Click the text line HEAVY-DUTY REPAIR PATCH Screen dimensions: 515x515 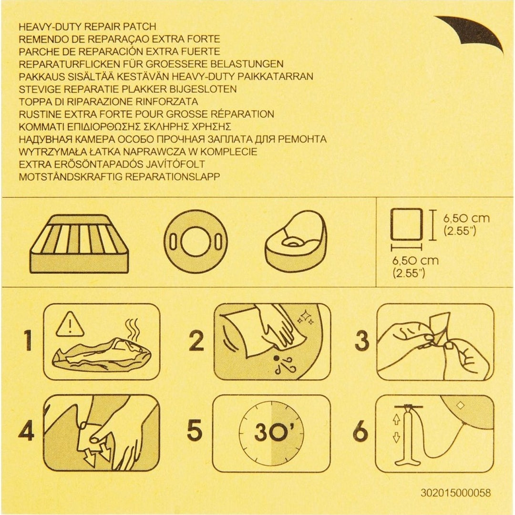87,27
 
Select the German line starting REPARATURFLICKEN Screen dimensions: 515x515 151,64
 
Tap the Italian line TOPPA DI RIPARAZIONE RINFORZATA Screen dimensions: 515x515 108,102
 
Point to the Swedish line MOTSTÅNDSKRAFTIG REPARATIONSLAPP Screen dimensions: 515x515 119,177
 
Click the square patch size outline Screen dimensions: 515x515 407,224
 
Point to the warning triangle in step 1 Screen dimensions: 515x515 70,325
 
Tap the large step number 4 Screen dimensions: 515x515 26,431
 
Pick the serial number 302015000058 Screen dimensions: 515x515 455,493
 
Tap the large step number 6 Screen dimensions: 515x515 360,431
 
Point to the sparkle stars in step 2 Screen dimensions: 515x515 306,318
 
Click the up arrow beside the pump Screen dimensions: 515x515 396,419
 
